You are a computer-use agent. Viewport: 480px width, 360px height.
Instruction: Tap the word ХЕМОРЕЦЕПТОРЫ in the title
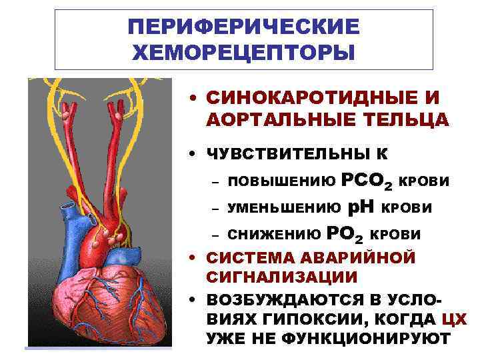(x=243, y=51)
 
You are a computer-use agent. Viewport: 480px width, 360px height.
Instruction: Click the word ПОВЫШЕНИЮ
(x=281, y=182)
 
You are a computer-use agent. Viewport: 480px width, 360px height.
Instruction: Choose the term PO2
(x=346, y=235)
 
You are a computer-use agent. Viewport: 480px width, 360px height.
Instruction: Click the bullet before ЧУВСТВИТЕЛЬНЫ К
(x=191, y=155)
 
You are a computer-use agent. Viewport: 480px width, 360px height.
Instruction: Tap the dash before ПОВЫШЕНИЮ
(x=215, y=183)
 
